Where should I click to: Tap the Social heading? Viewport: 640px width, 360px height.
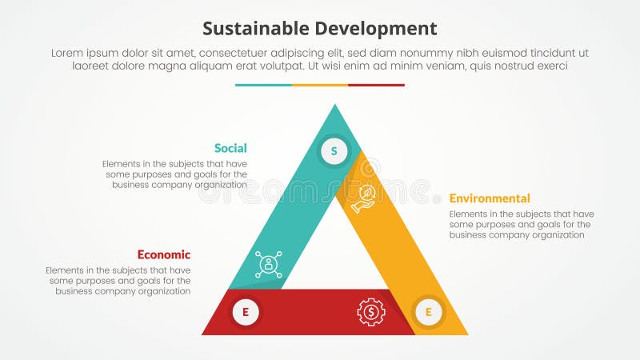click(230, 148)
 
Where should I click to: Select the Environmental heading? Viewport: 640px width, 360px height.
click(490, 198)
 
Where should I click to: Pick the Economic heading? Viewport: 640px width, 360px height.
click(164, 255)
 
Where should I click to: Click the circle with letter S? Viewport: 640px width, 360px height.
click(334, 150)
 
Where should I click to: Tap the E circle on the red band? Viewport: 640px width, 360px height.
click(246, 312)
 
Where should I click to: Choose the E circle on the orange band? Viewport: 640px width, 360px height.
click(428, 312)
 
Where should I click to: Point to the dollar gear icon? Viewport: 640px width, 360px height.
click(371, 311)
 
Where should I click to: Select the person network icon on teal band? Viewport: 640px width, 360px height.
click(269, 265)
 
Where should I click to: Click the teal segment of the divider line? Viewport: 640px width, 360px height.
click(263, 85)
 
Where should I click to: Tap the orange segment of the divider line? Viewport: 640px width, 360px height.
click(320, 85)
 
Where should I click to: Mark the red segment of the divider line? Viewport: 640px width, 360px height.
click(376, 85)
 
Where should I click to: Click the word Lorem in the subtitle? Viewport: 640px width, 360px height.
click(68, 53)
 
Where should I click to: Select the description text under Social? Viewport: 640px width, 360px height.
click(174, 174)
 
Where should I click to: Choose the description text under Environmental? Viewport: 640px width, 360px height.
click(522, 224)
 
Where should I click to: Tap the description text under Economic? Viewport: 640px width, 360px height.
click(118, 281)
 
